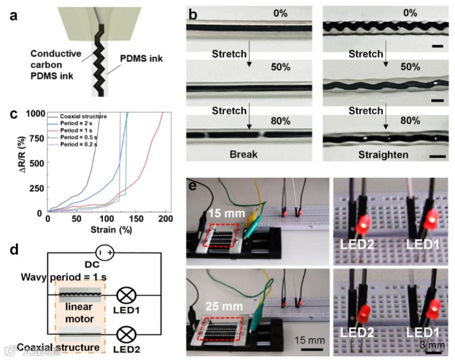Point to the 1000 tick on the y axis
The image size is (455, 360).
click(36, 114)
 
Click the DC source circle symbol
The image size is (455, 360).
click(105, 253)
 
